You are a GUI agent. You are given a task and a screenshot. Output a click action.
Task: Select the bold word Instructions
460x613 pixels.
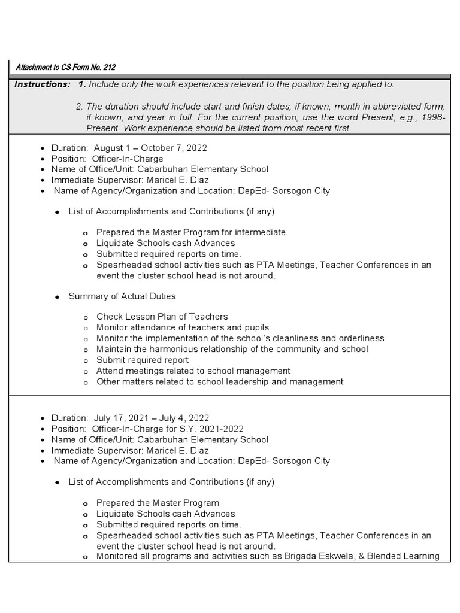coord(42,84)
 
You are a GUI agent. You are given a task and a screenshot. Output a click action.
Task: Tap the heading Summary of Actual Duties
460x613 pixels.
coord(122,296)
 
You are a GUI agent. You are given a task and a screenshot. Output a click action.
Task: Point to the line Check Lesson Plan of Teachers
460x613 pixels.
coord(162,317)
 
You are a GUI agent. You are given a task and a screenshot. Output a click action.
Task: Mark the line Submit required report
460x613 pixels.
coord(143,360)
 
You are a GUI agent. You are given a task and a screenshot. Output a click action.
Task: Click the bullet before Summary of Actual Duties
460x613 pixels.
coord(56,297)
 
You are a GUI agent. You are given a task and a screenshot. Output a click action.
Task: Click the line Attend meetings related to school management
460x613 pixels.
coord(193,371)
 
